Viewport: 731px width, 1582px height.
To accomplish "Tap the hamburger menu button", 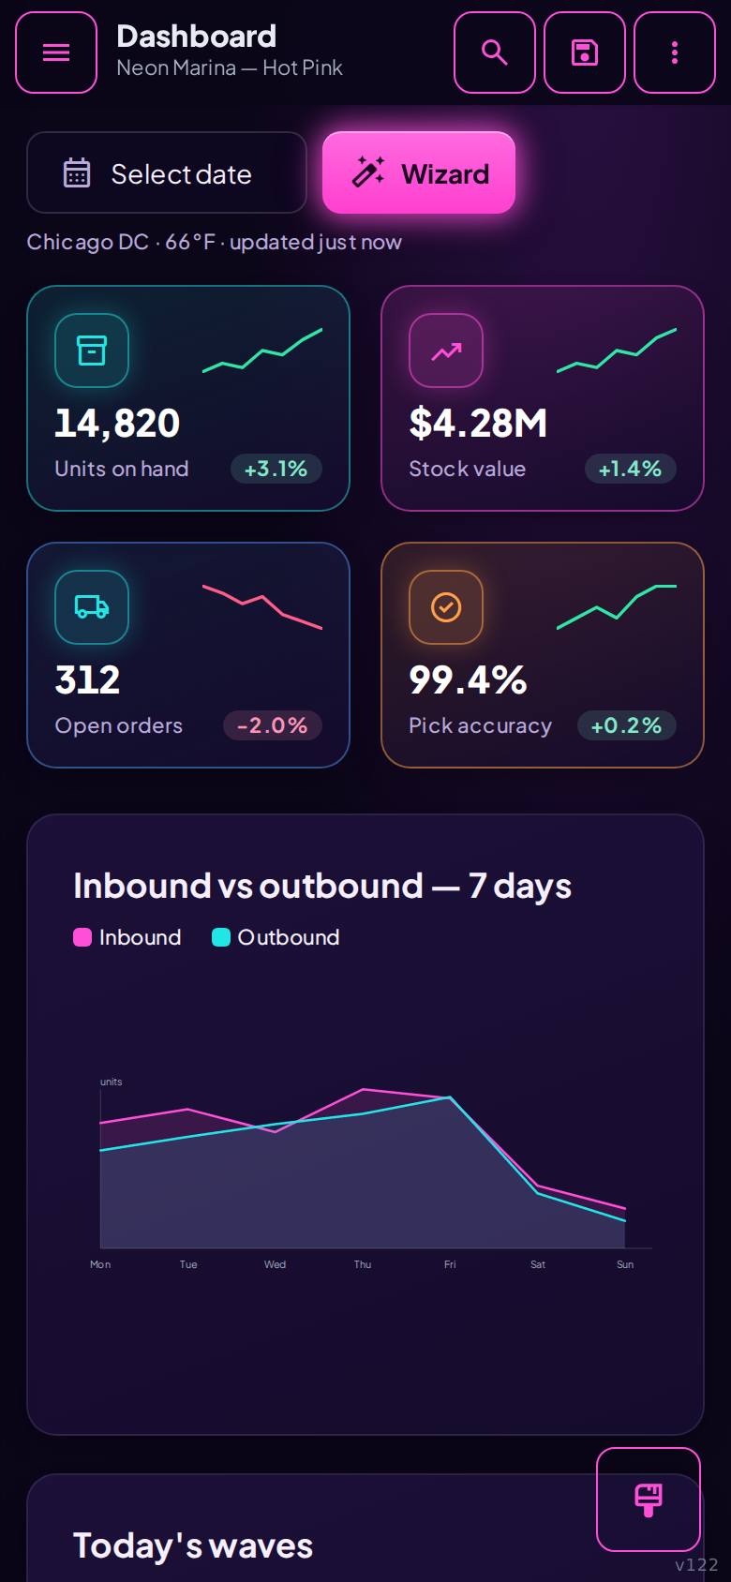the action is click(x=56, y=52).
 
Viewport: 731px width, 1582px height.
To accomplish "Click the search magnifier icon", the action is click(x=495, y=52).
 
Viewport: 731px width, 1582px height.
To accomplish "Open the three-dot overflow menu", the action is click(x=675, y=52).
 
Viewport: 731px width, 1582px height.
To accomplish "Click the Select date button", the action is click(x=167, y=173).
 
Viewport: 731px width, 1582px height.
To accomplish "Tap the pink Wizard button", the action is click(x=419, y=173).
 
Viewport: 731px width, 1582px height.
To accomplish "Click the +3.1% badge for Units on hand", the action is click(x=276, y=469).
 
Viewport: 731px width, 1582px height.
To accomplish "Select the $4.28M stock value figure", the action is click(x=478, y=423).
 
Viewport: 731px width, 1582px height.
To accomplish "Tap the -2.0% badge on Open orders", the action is click(x=273, y=725).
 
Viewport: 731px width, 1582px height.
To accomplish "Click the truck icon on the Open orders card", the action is click(x=92, y=606).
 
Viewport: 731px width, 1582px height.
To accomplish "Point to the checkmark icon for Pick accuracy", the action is click(x=446, y=606).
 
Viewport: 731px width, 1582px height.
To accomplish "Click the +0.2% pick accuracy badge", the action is click(x=627, y=725).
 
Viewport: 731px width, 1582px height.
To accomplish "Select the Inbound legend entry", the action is click(x=127, y=937).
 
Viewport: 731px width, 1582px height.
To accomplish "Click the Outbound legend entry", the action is click(x=276, y=937).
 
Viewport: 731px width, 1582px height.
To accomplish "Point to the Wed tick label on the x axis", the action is click(x=275, y=1264).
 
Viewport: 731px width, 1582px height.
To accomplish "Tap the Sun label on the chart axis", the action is click(x=625, y=1264).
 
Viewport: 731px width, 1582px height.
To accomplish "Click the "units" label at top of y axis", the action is click(x=111, y=1082).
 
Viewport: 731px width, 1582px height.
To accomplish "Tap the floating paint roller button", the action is click(x=649, y=1500).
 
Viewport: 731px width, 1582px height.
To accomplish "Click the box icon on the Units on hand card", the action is click(x=92, y=351).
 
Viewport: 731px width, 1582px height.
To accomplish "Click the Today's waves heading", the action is click(x=193, y=1546).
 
